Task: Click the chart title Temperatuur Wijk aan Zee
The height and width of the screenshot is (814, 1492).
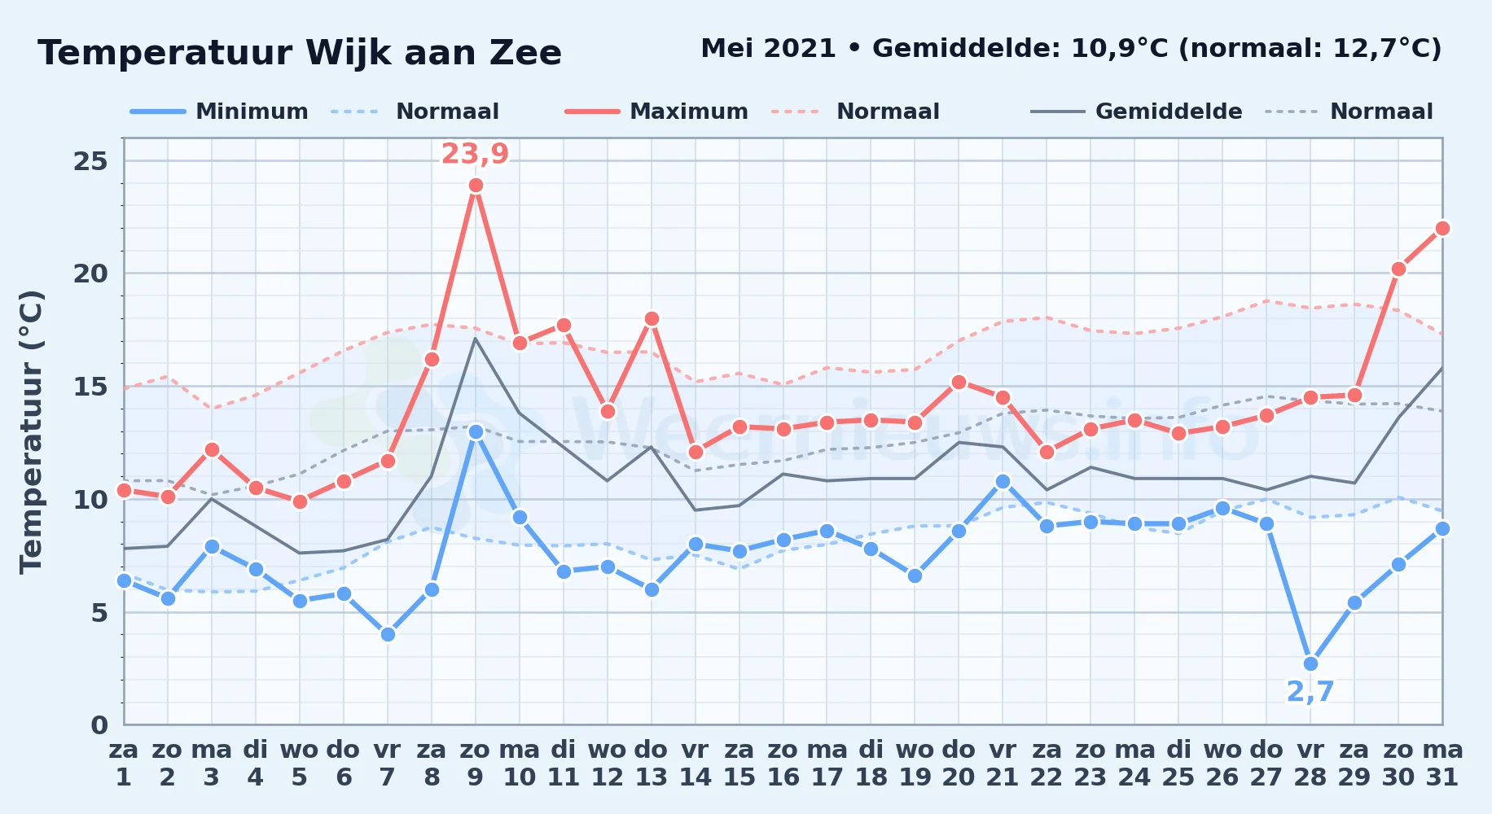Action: tap(300, 53)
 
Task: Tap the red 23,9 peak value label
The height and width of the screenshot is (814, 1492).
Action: tap(476, 153)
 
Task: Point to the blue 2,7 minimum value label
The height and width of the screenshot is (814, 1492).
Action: tap(1310, 691)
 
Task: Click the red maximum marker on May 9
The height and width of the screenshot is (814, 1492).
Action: tap(476, 186)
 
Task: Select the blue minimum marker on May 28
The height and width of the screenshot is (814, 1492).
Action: tap(1310, 663)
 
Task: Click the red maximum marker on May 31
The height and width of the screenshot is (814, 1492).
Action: tap(1442, 228)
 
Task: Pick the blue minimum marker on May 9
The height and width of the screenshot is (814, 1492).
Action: tap(476, 431)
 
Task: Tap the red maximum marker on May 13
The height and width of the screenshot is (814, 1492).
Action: tap(652, 318)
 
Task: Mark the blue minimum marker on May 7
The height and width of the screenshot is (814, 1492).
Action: tap(388, 634)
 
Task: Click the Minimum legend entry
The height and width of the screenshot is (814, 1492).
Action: tap(219, 112)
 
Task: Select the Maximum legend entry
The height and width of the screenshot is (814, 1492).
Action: tap(656, 112)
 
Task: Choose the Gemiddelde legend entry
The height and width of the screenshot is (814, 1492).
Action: tap(1137, 112)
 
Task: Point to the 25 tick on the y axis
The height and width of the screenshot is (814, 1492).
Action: tap(90, 161)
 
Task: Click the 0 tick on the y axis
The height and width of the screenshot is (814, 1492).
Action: tap(99, 724)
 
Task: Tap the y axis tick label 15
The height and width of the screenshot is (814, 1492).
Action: tap(90, 386)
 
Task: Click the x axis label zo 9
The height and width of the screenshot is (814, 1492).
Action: tap(476, 763)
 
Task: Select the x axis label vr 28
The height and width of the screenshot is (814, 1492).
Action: tap(1310, 763)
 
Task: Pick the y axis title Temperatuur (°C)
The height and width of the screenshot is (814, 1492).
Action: tap(32, 431)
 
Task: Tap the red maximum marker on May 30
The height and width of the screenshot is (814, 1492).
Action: tap(1398, 269)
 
